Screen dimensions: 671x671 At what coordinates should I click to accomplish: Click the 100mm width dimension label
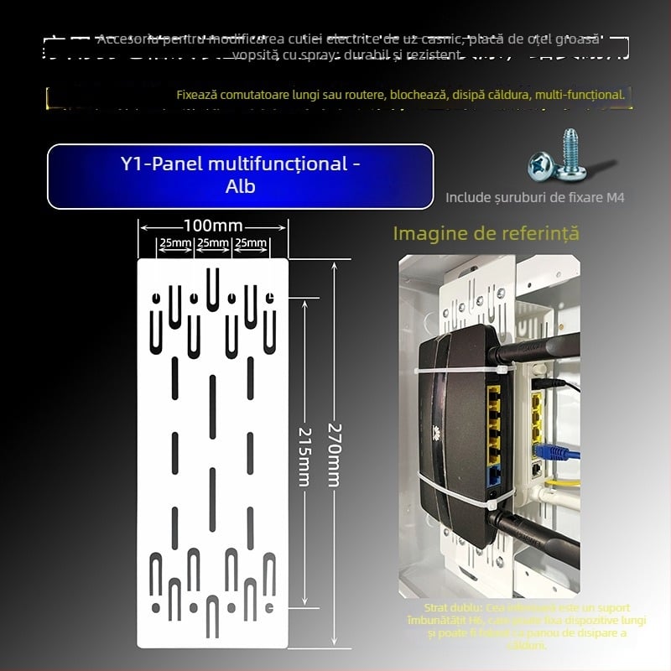(213, 226)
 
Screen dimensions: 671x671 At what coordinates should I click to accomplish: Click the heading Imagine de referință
(486, 233)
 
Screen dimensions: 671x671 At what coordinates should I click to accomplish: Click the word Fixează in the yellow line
(199, 95)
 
